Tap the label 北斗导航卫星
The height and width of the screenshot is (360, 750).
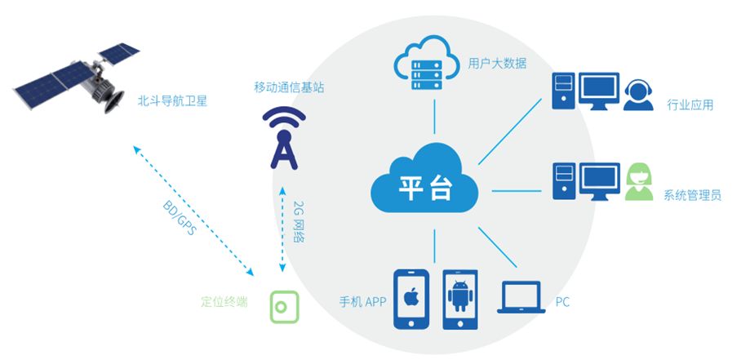tap(172, 101)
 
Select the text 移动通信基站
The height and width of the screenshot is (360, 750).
tap(289, 87)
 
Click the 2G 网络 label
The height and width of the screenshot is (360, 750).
tap(299, 222)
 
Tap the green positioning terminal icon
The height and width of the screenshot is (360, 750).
tap(285, 306)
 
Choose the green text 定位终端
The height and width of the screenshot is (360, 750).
tap(224, 302)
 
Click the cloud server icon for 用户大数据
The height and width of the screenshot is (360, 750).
tap(423, 63)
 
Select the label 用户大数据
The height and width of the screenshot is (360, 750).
tap(498, 63)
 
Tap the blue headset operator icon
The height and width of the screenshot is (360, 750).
tap(638, 96)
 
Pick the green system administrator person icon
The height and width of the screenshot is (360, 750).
tap(639, 181)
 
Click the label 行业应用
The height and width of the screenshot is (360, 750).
tap(690, 104)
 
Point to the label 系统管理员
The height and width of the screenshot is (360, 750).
tap(692, 195)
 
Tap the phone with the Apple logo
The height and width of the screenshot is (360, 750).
tap(411, 300)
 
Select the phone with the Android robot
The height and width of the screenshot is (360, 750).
tap(460, 300)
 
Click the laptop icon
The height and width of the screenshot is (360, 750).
tap(521, 297)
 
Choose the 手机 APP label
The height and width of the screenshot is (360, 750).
tap(362, 302)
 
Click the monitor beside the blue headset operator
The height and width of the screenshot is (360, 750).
tap(599, 91)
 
